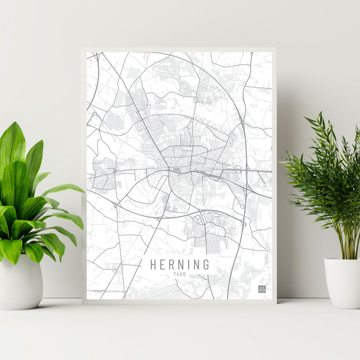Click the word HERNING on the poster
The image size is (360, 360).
tap(180, 265)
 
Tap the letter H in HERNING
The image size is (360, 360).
tap(153, 265)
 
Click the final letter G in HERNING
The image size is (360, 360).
tap(206, 265)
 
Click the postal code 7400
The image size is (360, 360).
tap(179, 274)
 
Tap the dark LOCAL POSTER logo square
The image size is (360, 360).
tap(262, 289)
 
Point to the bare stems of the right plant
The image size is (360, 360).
tap(346, 245)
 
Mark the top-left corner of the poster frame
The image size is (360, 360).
tap(82, 48)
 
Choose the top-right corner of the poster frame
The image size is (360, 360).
tap(276, 48)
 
